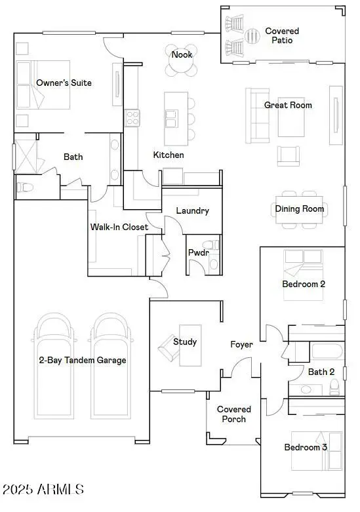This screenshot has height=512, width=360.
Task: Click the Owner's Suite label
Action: (x=64, y=83)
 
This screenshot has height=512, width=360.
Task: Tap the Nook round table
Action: (x=181, y=60)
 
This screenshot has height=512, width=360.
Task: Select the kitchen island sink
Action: (x=172, y=119)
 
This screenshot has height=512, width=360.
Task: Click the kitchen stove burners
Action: (x=132, y=118)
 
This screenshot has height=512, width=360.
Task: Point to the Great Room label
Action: (x=288, y=105)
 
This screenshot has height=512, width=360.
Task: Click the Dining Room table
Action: (x=299, y=209)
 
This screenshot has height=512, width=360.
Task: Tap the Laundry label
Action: (x=192, y=211)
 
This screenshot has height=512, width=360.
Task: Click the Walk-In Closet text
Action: (x=119, y=227)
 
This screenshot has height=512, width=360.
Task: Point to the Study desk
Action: (x=190, y=345)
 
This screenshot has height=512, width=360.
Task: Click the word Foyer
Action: (x=241, y=344)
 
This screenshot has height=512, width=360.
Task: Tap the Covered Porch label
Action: (x=234, y=414)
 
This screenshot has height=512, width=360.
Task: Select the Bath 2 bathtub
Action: (x=327, y=351)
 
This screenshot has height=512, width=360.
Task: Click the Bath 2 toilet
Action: (x=334, y=388)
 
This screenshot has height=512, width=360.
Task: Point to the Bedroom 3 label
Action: (x=306, y=447)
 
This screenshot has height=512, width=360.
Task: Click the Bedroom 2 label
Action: (x=304, y=284)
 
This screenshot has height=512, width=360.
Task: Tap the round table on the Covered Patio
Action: (x=252, y=36)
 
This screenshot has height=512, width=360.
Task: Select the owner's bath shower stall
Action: (x=26, y=157)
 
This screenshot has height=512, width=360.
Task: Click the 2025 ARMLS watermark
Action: (x=43, y=490)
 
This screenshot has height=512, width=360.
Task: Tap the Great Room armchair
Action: (x=289, y=156)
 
